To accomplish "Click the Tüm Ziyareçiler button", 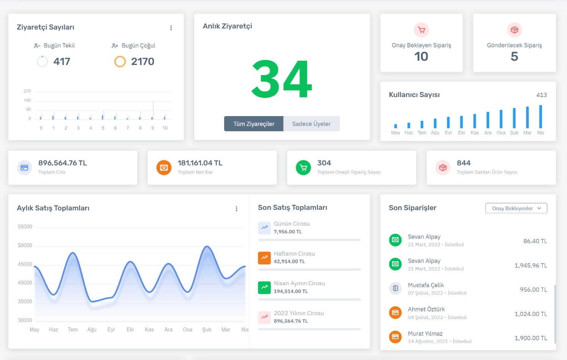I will pyautogui.click(x=254, y=124).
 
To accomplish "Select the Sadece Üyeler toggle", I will pyautogui.click(x=311, y=124).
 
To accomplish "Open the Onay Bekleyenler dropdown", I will pyautogui.click(x=516, y=208).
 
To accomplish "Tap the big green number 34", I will pyautogui.click(x=281, y=79).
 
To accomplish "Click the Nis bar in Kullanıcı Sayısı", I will pyautogui.click(x=540, y=117).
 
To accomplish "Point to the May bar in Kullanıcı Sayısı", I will pyautogui.click(x=396, y=126).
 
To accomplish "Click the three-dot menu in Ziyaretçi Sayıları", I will pyautogui.click(x=171, y=28).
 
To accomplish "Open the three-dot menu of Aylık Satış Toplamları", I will pyautogui.click(x=236, y=209).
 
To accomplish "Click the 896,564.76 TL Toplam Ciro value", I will pyautogui.click(x=63, y=163).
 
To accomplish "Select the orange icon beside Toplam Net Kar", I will pyautogui.click(x=164, y=168).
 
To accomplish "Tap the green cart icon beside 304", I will pyautogui.click(x=303, y=168).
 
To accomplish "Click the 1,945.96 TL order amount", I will pyautogui.click(x=531, y=266).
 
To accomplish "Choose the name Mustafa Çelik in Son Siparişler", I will pyautogui.click(x=426, y=285).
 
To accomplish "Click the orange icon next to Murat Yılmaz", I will pyautogui.click(x=395, y=337).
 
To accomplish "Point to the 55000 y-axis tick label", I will pyautogui.click(x=25, y=226).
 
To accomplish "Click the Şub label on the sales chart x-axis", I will pyautogui.click(x=207, y=330).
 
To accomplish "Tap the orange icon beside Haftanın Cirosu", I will pyautogui.click(x=264, y=258).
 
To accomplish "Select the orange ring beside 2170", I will pyautogui.click(x=120, y=61).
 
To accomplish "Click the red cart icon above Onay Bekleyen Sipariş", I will pyautogui.click(x=421, y=30).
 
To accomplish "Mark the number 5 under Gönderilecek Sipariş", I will pyautogui.click(x=514, y=57).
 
